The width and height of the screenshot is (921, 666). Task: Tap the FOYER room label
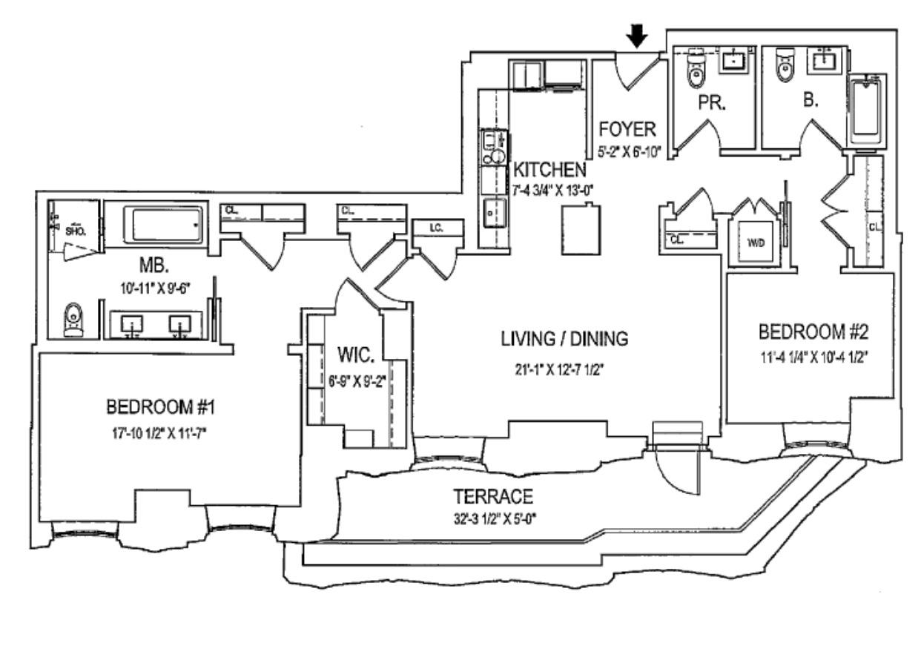[627, 130]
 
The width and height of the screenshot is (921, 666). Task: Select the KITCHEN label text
[549, 169]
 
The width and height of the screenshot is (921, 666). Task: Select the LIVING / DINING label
[564, 339]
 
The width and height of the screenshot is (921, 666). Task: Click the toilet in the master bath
[73, 320]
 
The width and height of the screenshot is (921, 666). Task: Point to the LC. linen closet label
[435, 229]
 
